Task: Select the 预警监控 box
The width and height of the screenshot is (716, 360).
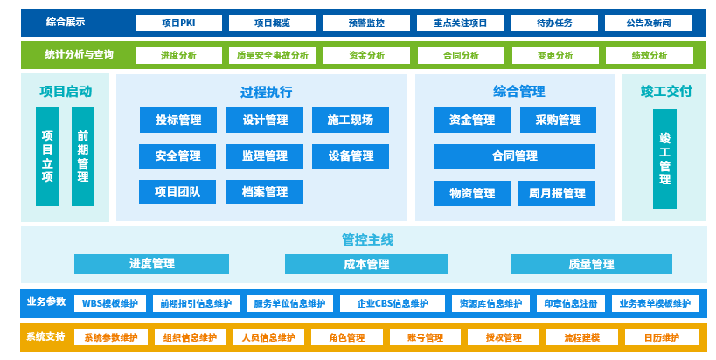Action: coord(366,24)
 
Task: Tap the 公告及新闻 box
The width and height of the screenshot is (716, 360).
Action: coord(648,24)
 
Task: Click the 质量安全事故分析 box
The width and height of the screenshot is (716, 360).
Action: coord(272,56)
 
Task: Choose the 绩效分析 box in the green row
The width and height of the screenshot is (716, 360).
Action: coord(649,56)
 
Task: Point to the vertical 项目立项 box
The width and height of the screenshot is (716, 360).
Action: coord(47,156)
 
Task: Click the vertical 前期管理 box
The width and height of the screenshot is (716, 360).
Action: coord(83,156)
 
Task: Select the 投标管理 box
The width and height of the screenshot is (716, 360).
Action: coord(178,120)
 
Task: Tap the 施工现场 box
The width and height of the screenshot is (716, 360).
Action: coord(351,120)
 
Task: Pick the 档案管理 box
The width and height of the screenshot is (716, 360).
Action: coord(264,192)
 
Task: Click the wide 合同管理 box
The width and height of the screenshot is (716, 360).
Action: coord(514,156)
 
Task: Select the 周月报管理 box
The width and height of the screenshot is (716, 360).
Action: coord(558,193)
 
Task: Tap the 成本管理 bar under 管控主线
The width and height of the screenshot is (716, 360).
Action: coord(366,264)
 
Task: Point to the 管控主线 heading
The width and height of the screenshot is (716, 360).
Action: coord(367,239)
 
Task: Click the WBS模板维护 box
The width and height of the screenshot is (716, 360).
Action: coord(110,303)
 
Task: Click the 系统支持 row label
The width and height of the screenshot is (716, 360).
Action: coord(45,336)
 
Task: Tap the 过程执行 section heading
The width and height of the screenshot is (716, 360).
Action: coord(266,92)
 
